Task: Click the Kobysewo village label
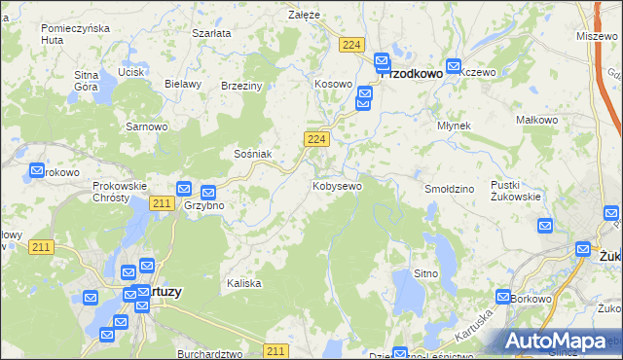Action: pos(337,185)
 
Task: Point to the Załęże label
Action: pos(305,15)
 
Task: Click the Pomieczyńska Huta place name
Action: pos(74,33)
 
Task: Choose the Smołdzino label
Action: pos(449,188)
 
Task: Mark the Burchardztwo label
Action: pos(209,354)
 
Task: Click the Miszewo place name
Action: pos(597,35)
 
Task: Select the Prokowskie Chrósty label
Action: pos(119,191)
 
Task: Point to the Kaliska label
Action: pos(244,283)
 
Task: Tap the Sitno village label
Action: pos(425,274)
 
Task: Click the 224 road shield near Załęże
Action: pos(353,45)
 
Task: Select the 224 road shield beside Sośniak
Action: pos(314,140)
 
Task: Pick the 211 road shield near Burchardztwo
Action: pos(275,350)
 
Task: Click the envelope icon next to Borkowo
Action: pos(503,297)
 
